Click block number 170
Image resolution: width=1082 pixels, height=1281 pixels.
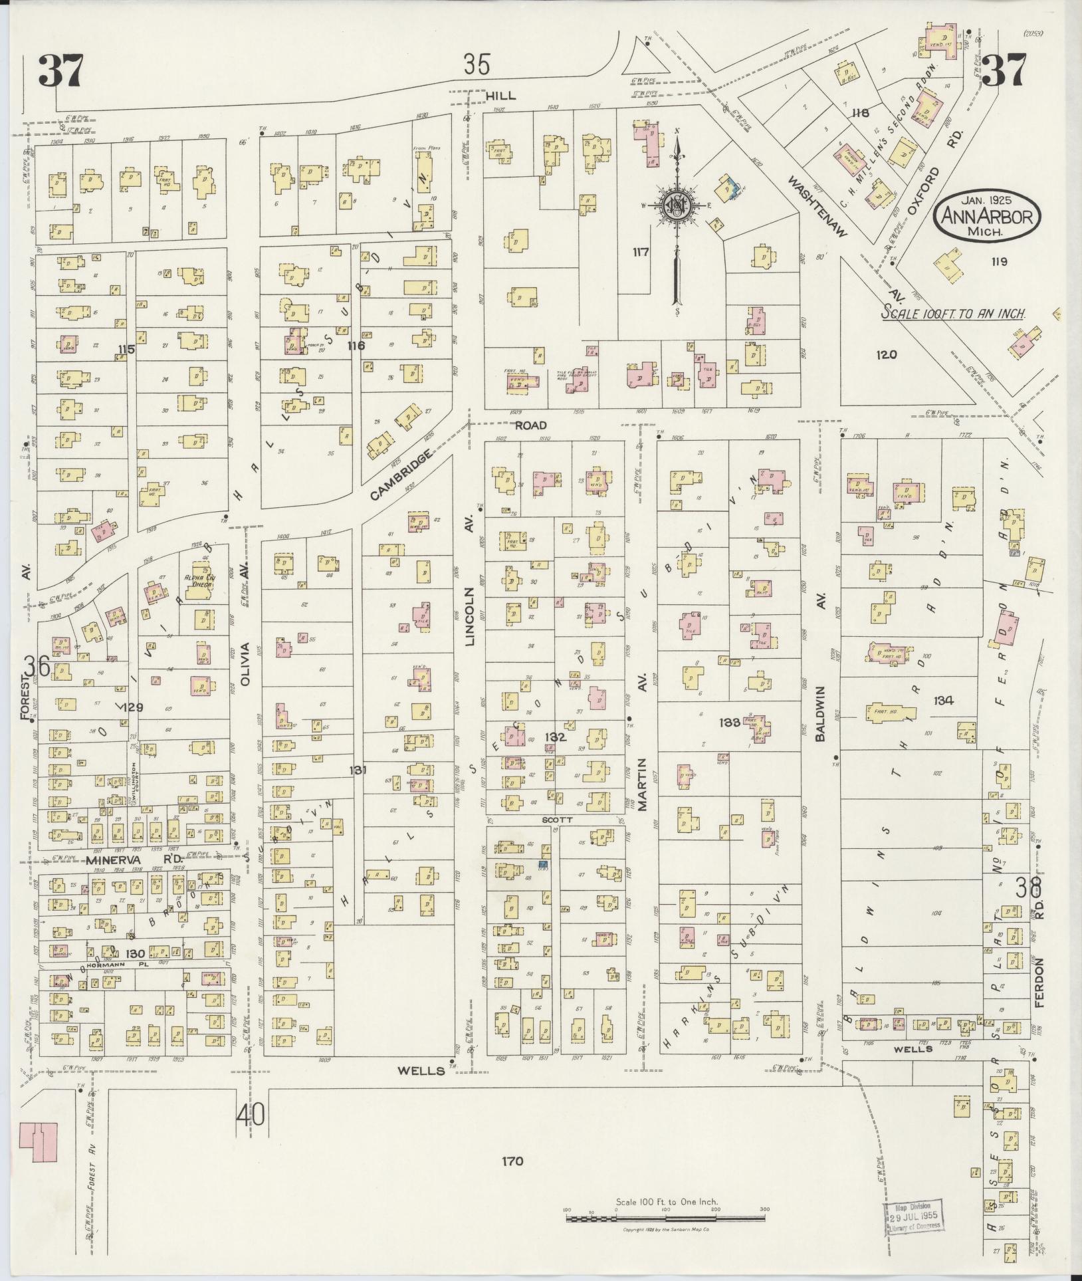point(513,1161)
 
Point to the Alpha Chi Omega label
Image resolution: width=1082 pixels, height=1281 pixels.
point(197,582)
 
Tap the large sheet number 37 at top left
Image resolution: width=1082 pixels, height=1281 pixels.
point(61,70)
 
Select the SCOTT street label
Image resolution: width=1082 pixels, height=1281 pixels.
point(556,820)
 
